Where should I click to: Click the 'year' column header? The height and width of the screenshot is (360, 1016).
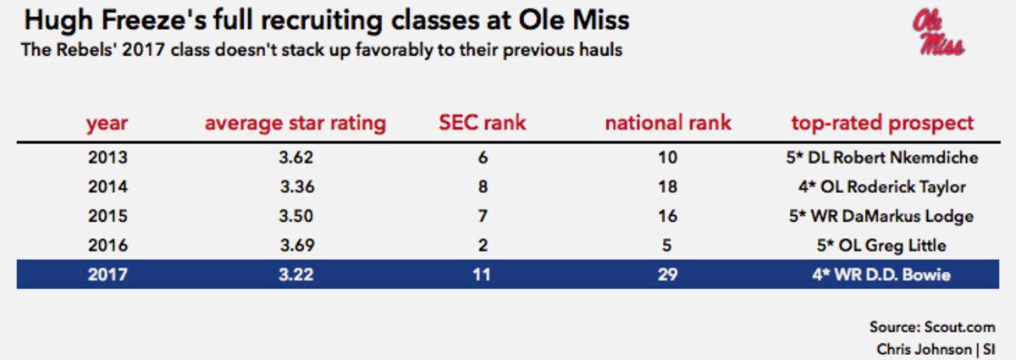coord(107,123)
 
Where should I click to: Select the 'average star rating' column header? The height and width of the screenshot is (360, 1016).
coord(295,123)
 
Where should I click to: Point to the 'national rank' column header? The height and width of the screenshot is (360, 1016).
coord(668,123)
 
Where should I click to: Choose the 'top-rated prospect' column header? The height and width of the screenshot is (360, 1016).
coord(882,123)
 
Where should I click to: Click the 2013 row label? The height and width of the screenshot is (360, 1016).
coord(107,157)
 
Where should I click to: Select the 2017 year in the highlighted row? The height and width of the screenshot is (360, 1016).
coord(107,274)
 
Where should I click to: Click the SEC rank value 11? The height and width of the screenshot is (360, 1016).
coord(481,274)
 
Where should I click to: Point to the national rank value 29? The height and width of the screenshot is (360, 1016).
coord(668,274)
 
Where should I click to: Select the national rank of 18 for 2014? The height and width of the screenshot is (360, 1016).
coord(668,186)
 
